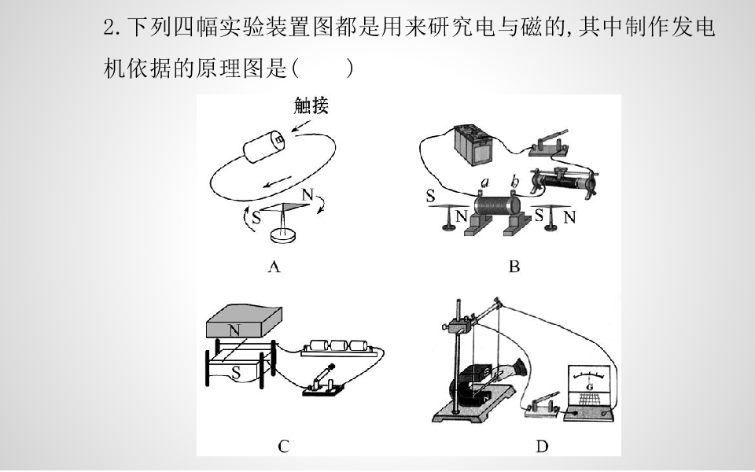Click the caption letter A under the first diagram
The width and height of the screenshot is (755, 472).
pos(274,267)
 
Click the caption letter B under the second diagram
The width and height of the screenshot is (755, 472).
pos(514,267)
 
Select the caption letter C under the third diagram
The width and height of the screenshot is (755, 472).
pos(284,447)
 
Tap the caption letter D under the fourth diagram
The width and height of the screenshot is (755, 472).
pos(542,447)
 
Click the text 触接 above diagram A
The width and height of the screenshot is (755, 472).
pos(311,105)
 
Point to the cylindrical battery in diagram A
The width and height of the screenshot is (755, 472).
pos(264,146)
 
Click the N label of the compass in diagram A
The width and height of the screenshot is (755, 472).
pos(308,194)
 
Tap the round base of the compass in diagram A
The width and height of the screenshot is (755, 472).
pos(282,235)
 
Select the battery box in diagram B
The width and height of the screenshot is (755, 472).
pos(475,145)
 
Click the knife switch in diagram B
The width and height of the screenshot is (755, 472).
pos(549,144)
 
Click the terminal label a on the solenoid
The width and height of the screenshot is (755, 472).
pos(485,182)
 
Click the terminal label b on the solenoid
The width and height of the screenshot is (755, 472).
pos(514,182)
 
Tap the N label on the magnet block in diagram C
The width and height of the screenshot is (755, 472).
pos(234,330)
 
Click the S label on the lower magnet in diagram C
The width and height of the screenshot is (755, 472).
pos(235,372)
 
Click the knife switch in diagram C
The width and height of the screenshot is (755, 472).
pos(322,382)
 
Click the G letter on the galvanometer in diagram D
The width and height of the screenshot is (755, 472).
pos(590,387)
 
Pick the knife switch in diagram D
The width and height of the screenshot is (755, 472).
pos(543,404)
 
